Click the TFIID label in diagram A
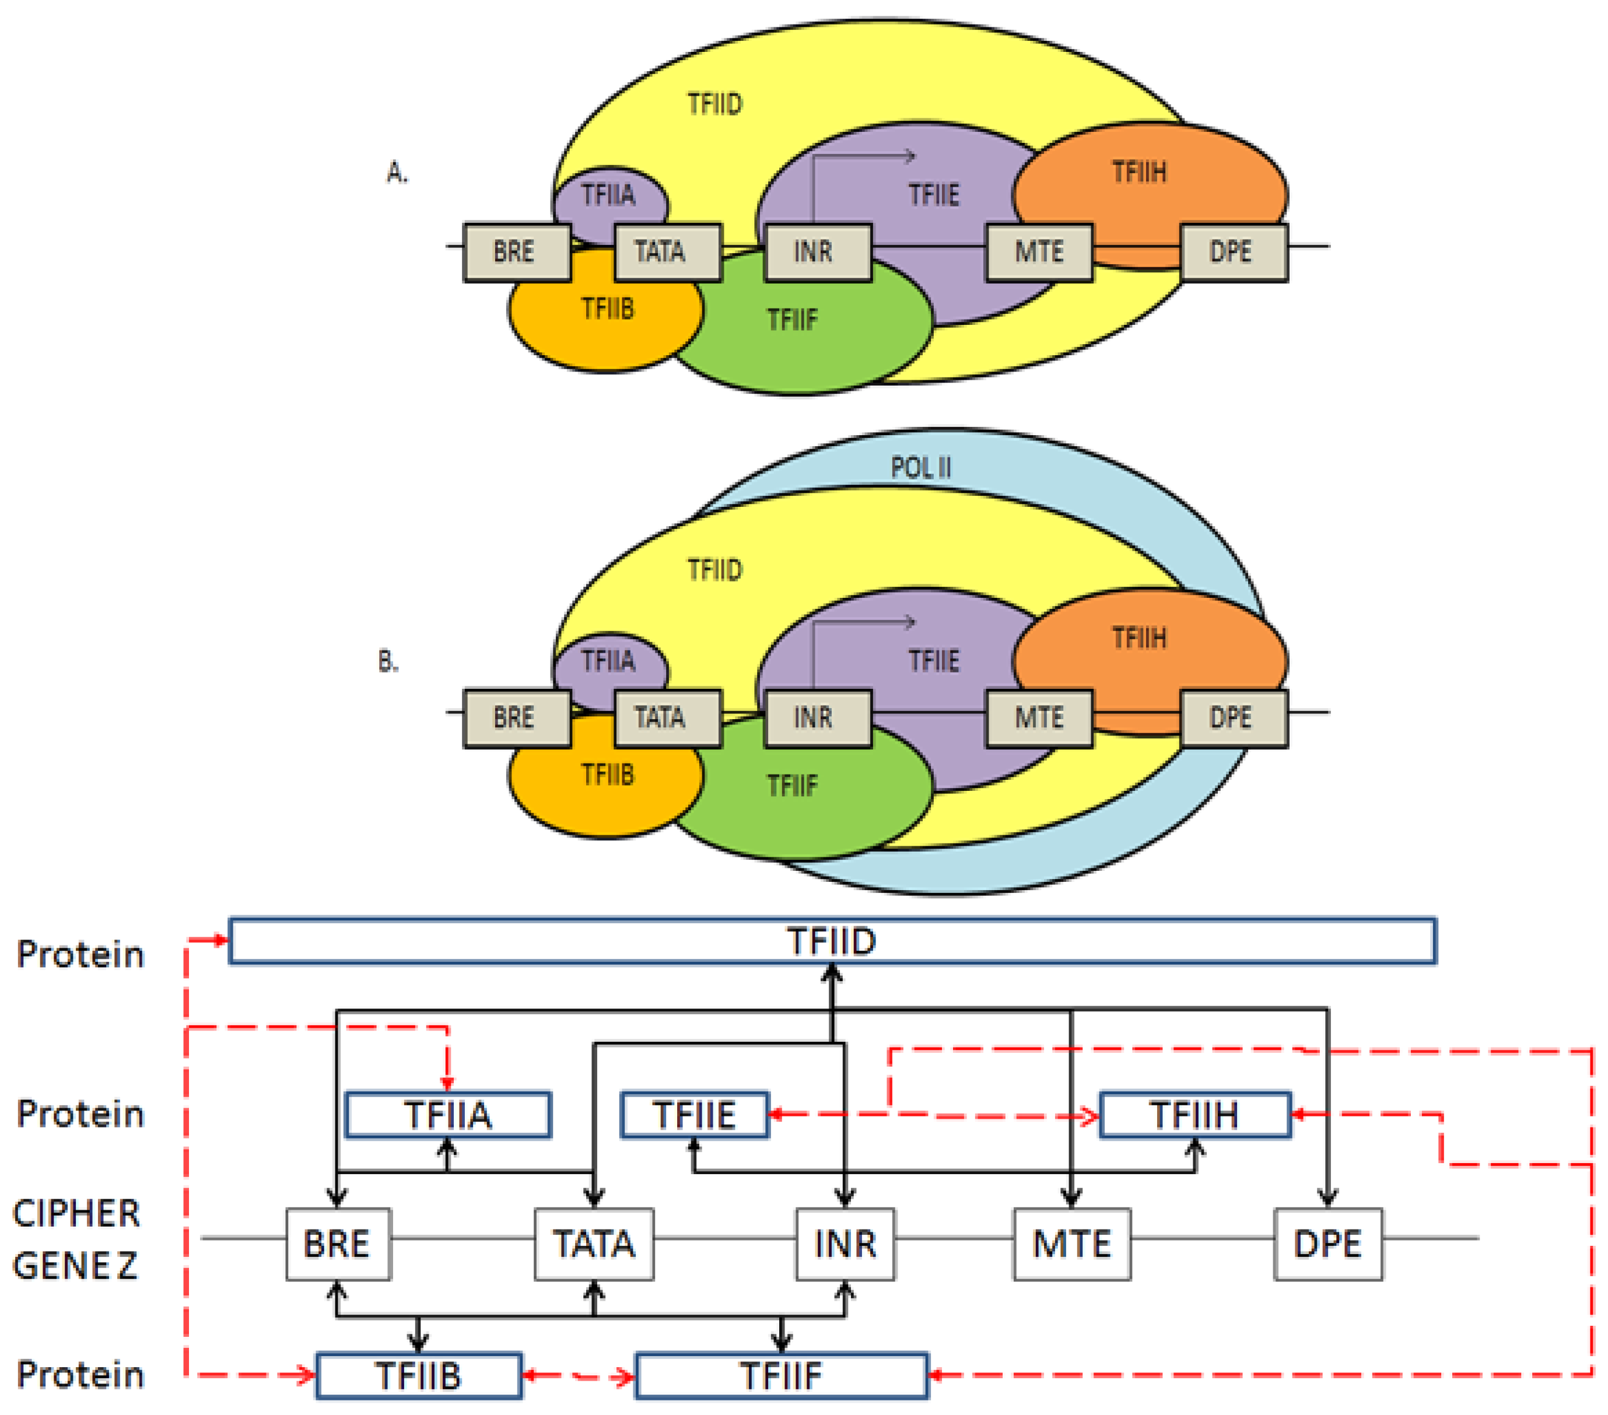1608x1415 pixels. (714, 104)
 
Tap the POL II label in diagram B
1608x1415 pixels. (920, 467)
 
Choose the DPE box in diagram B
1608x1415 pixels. (1234, 717)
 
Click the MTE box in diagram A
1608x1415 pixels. (1038, 252)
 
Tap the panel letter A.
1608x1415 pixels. (397, 171)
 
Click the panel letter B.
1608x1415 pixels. (388, 661)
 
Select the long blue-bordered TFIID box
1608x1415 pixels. (832, 940)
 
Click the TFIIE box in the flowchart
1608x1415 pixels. (694, 1115)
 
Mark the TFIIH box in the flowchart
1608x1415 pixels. (1194, 1115)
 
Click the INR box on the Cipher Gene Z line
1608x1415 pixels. (845, 1244)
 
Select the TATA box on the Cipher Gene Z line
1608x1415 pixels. (594, 1244)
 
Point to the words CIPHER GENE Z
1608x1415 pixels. (76, 1239)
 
